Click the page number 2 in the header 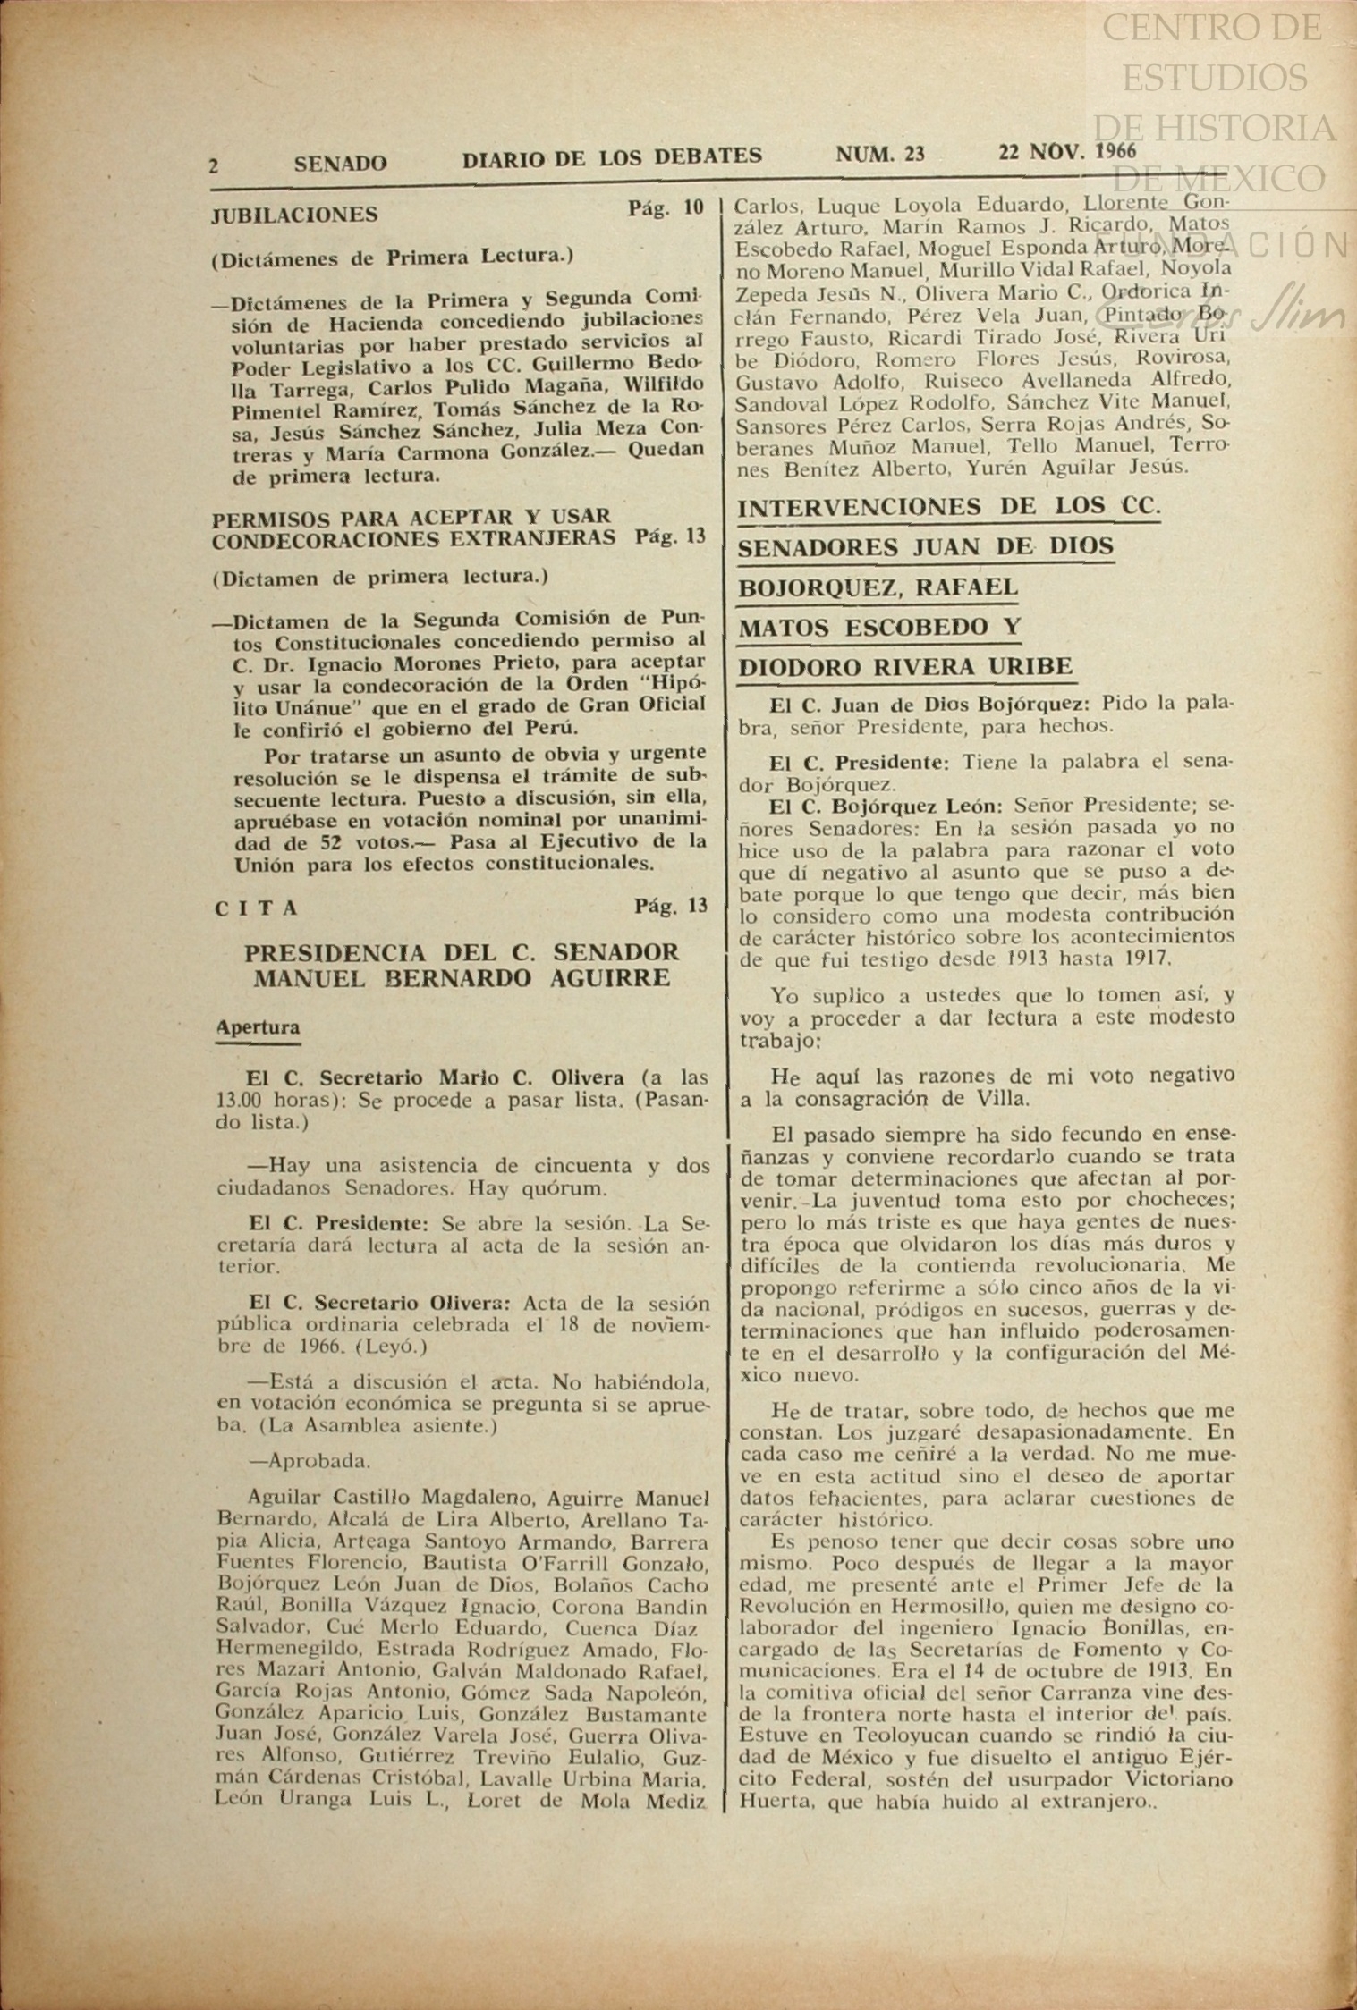(215, 165)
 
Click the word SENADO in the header (340, 163)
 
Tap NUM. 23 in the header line (880, 154)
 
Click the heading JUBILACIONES (295, 215)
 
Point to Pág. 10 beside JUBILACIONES (666, 208)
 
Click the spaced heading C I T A (257, 908)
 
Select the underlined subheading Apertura (259, 1027)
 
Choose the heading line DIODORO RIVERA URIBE (904, 667)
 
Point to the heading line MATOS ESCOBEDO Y (878, 627)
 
